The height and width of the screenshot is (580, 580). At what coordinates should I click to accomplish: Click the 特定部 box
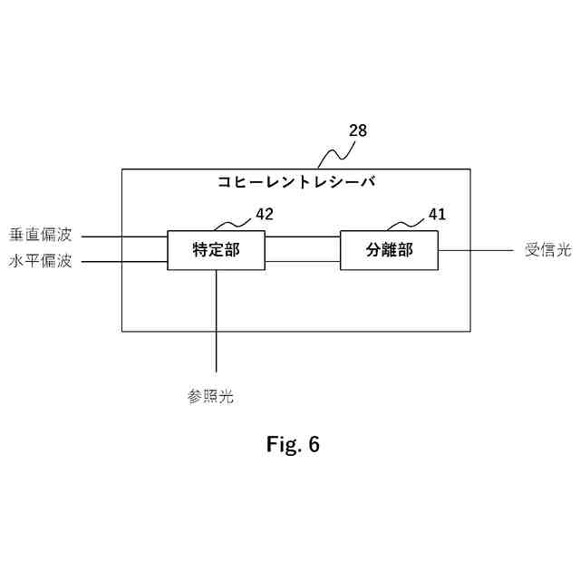[216, 250]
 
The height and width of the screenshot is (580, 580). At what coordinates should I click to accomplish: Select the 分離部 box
[389, 250]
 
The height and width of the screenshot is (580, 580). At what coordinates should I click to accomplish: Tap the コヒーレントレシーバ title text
[296, 181]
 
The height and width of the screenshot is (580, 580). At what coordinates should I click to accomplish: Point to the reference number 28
[358, 130]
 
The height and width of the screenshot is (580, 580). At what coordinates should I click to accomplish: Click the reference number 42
[264, 215]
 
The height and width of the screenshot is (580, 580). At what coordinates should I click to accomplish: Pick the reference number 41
[437, 215]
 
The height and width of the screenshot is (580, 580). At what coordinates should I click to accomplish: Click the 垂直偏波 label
[41, 235]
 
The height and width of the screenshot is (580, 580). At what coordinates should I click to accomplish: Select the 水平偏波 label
[41, 263]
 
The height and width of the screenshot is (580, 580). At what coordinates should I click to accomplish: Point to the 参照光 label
[211, 396]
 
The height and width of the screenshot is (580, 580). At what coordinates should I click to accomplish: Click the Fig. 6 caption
[293, 445]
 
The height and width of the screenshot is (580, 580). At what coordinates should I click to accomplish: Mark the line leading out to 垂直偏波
[124, 237]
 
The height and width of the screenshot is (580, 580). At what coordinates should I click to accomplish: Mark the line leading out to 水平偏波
[124, 264]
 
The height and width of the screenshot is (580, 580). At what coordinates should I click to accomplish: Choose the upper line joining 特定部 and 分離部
[303, 237]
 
